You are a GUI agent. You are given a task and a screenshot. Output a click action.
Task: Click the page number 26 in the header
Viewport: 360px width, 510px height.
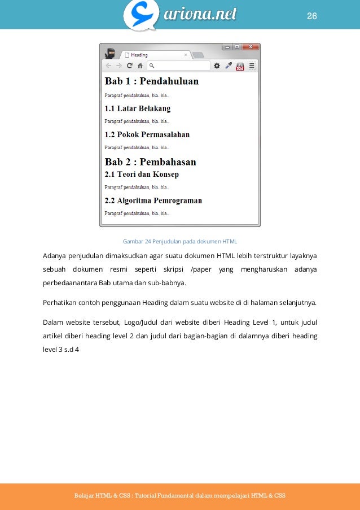click(312, 16)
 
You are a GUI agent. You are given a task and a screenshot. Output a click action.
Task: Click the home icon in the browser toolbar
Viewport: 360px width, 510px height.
click(140, 66)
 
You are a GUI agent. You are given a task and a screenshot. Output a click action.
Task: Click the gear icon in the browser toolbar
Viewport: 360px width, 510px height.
click(217, 66)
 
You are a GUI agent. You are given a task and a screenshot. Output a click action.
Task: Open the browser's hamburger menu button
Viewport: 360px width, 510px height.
click(252, 66)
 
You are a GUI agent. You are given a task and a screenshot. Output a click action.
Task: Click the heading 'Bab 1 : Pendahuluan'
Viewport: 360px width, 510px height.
click(151, 81)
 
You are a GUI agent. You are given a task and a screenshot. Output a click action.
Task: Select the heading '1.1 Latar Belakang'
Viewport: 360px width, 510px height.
click(138, 108)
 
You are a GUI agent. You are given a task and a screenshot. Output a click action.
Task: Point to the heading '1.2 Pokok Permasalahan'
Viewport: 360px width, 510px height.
click(147, 135)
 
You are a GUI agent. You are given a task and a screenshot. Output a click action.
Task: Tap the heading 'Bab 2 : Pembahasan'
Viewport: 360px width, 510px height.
click(151, 162)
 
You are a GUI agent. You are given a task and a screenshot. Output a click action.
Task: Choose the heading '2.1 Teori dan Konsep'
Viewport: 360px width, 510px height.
click(142, 174)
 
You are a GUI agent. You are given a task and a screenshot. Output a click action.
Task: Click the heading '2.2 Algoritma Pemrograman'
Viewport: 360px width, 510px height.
click(153, 200)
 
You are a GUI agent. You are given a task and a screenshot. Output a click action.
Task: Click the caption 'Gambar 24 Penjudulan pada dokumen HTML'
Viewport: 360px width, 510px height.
click(180, 242)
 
